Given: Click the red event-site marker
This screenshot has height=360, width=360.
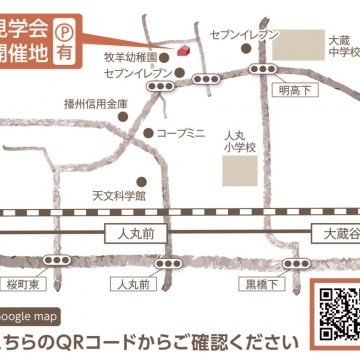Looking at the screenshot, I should tap(183, 52).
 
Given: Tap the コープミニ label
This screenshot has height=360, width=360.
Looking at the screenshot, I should tap(181, 132).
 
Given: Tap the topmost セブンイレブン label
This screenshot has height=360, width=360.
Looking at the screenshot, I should tap(245, 35).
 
